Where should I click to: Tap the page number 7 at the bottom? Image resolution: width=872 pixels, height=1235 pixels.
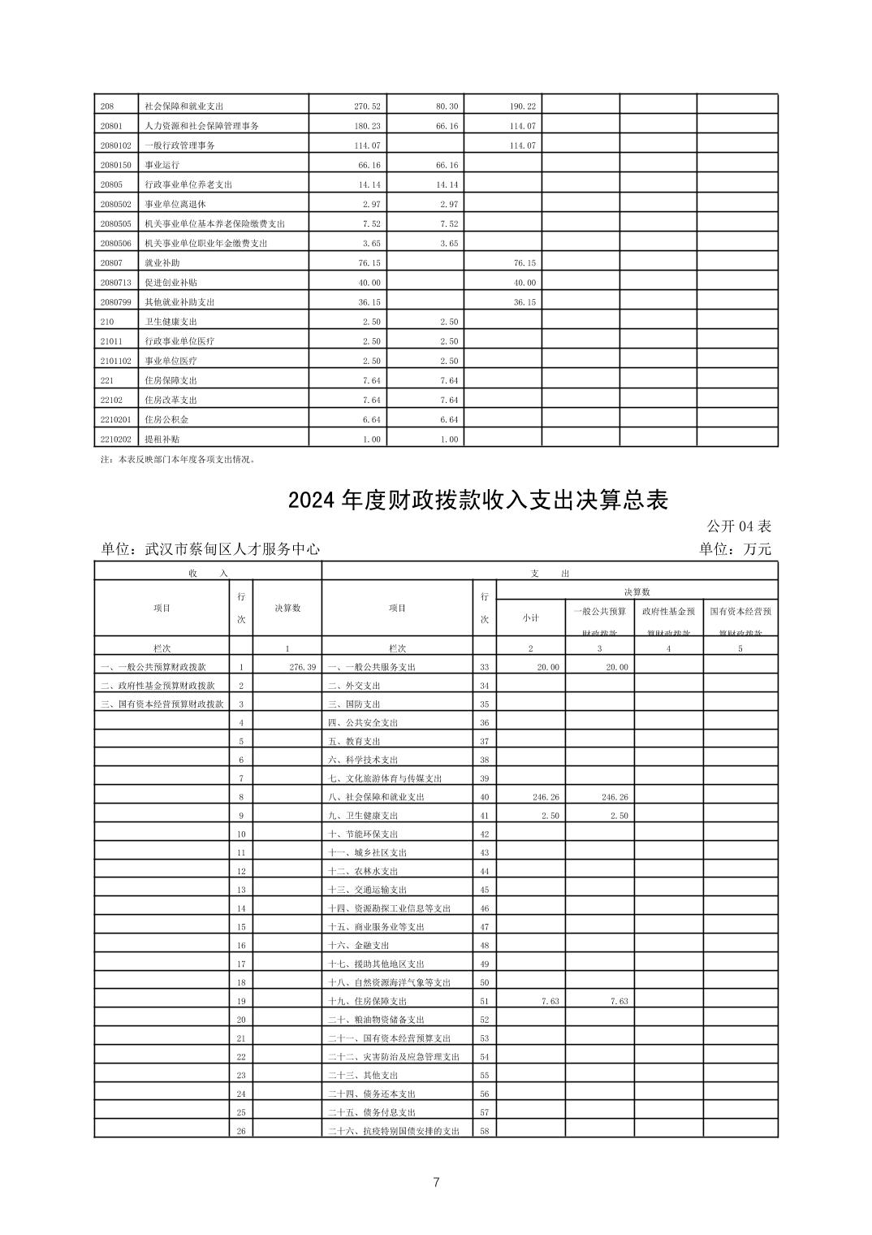point(436,1182)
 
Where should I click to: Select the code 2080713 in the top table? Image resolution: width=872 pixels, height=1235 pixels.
point(114,283)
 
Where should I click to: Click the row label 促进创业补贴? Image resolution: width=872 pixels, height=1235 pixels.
point(171,283)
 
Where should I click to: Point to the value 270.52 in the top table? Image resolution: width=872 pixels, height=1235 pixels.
point(367,106)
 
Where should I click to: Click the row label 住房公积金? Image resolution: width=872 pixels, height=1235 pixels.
point(166,420)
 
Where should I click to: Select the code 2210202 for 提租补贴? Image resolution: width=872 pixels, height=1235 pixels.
point(114,440)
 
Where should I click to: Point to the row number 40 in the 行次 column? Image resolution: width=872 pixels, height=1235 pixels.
point(485,797)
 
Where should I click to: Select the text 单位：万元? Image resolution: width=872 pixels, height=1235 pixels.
point(735,549)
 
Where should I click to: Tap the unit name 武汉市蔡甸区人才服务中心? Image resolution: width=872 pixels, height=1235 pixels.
point(232,549)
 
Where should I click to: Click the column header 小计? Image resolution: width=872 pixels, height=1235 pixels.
point(530,617)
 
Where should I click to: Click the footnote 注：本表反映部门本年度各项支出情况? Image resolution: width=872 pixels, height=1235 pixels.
point(176,459)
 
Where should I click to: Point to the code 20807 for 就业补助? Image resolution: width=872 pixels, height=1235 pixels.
point(111,263)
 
